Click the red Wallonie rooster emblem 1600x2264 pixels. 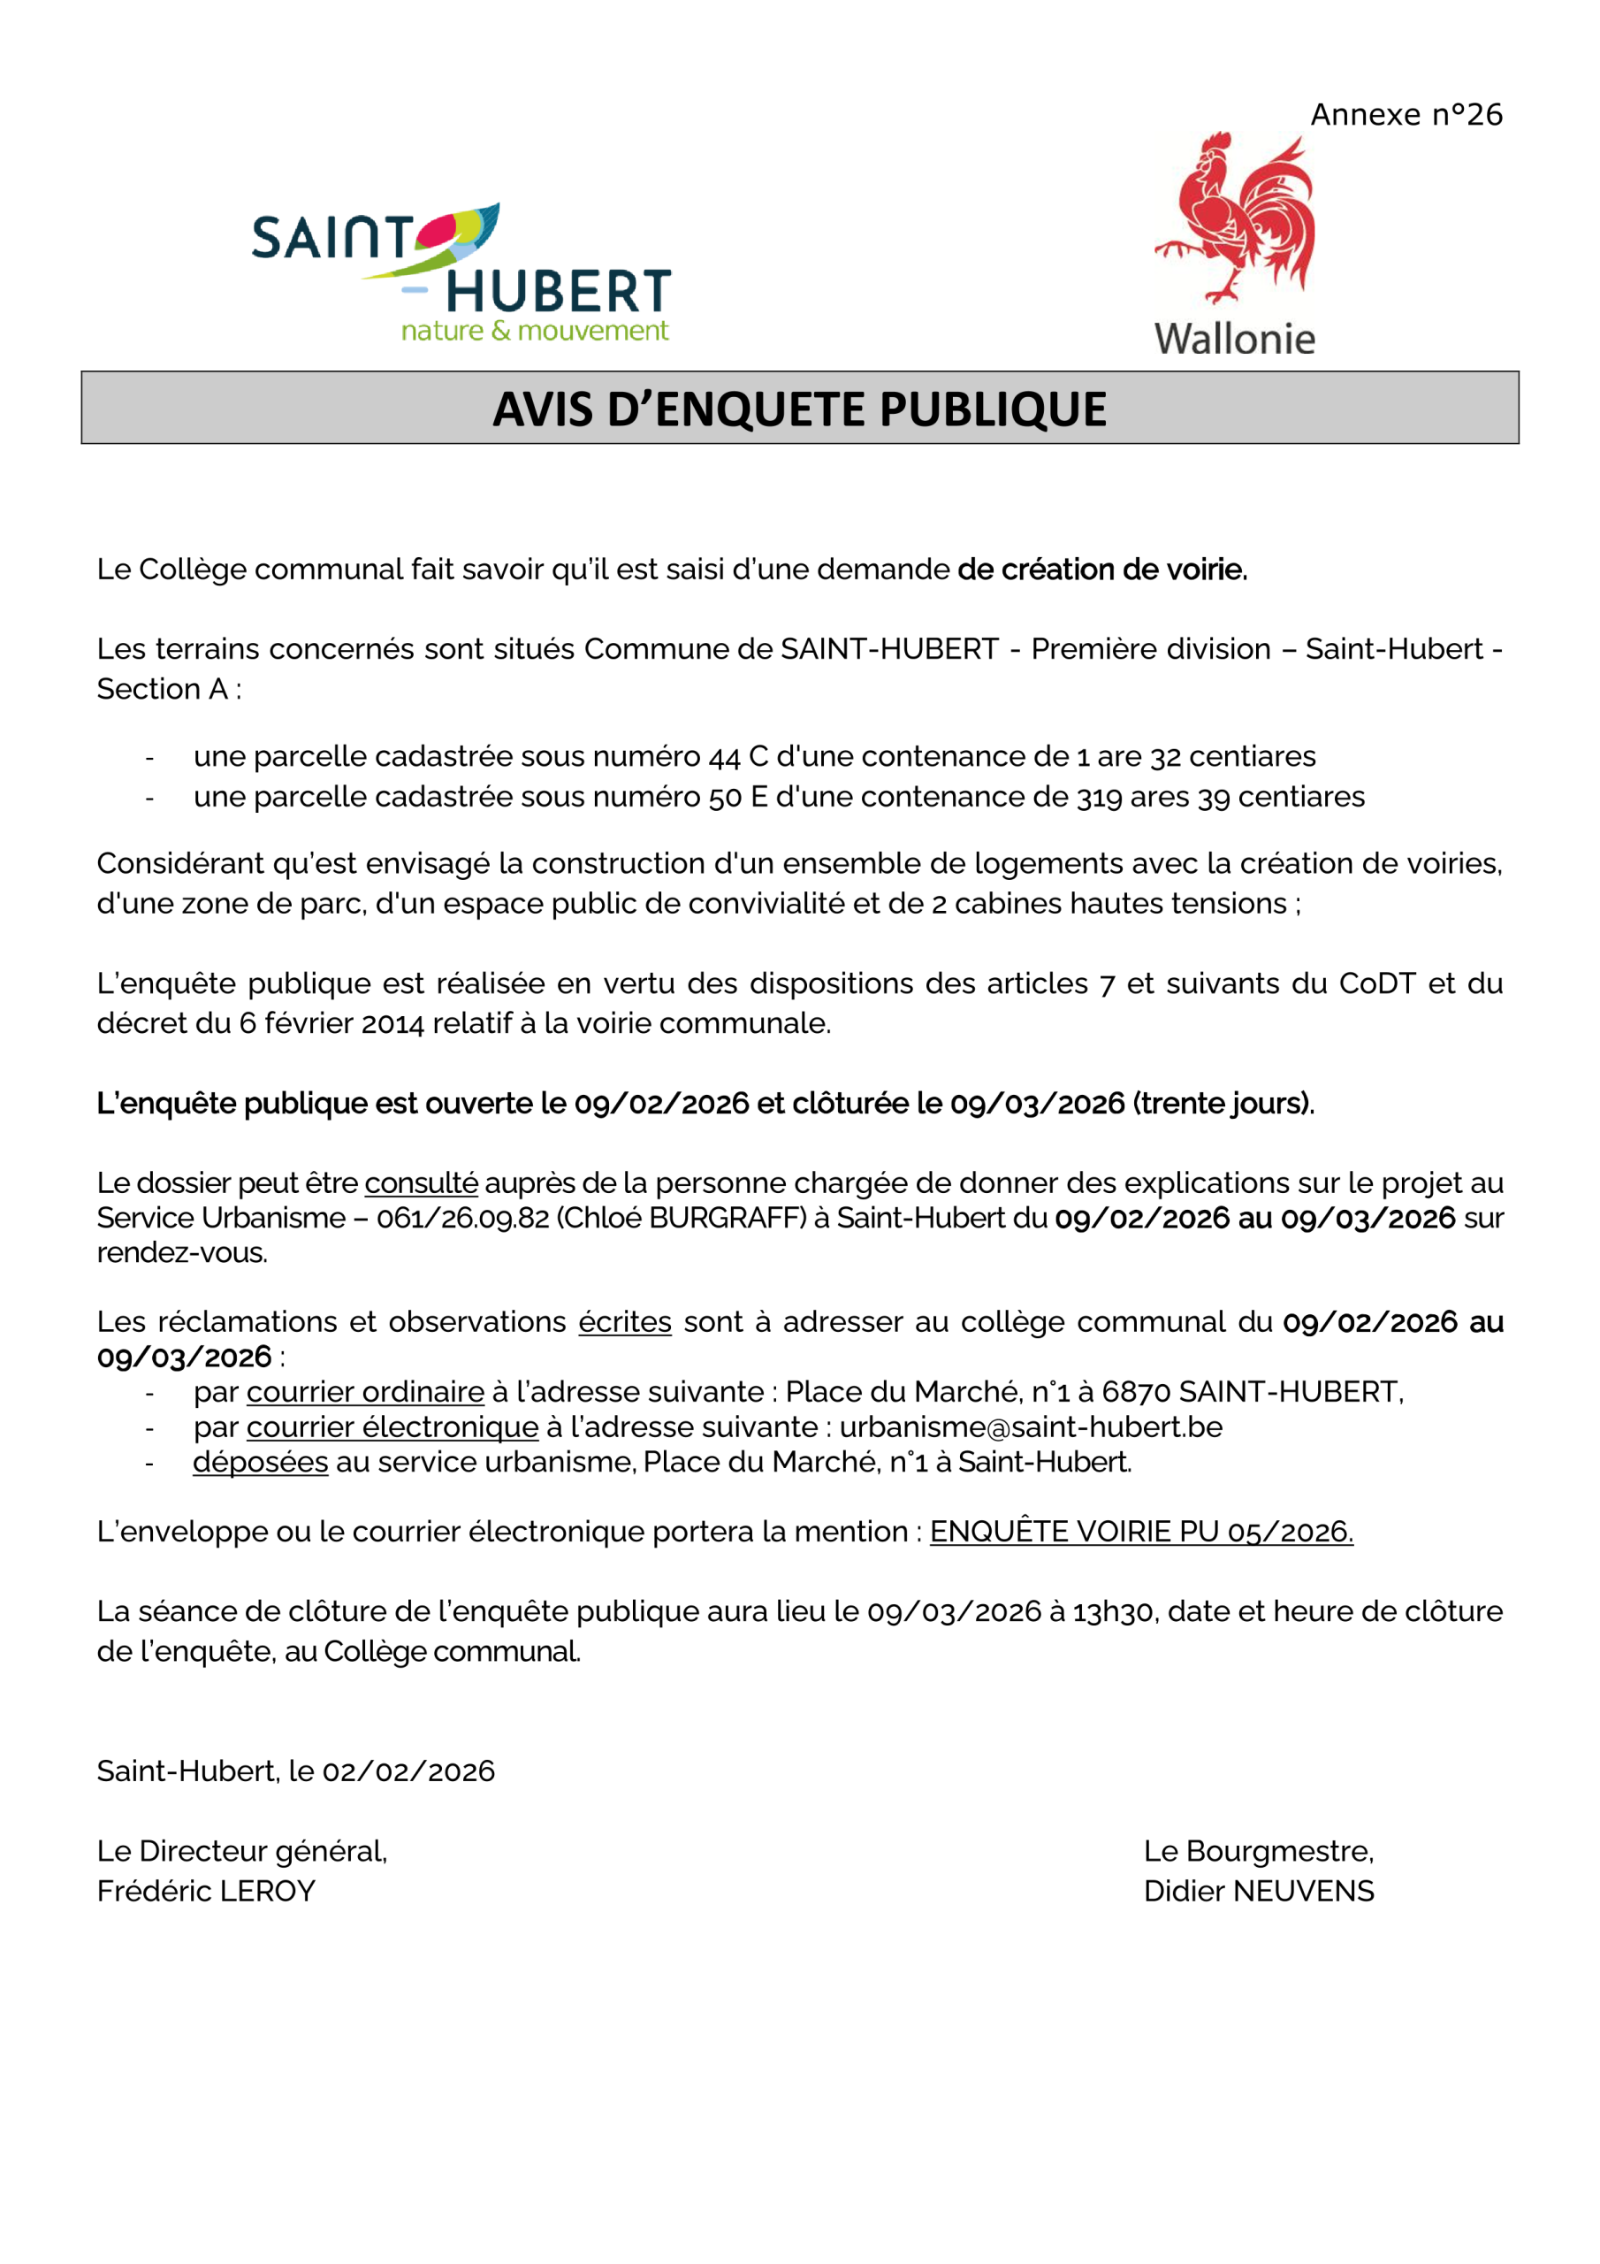1235,219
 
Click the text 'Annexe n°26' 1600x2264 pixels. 1406,115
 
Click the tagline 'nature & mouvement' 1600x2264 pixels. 534,332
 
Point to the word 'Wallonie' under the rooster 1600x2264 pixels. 1234,340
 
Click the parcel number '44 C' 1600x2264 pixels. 738,757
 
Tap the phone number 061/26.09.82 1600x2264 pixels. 462,1218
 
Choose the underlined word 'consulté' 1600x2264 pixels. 421,1183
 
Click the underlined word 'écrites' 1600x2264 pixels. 624,1322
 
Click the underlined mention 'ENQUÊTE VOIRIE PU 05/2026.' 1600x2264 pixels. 1140,1532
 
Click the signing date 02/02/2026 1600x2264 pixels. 408,1772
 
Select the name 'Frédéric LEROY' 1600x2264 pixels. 206,1892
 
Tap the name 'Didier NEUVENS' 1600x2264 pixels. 1258,1892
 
